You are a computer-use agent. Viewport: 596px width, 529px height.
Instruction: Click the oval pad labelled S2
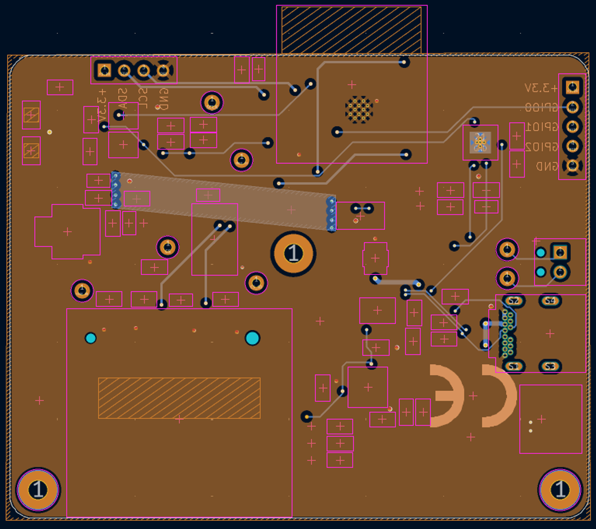pos(514,301)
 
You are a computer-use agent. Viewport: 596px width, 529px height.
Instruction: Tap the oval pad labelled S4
pos(550,301)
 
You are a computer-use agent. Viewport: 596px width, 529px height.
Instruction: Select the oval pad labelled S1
pos(514,366)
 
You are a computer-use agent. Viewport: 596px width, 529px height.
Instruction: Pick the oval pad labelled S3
pos(550,366)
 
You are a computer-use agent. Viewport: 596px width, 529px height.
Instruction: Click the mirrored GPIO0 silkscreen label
pos(542,107)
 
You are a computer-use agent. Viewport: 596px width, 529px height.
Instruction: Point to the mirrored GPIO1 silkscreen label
pos(542,127)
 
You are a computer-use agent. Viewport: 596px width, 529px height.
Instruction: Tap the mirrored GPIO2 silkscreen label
pos(542,147)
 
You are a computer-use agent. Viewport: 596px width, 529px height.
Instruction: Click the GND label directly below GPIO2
pos(546,166)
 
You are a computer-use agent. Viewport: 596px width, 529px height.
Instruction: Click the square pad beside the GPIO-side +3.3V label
pos(573,88)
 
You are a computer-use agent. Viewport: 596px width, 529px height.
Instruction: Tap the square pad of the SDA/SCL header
pos(104,70)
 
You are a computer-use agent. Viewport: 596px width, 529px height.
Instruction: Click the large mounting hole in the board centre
pos(293,254)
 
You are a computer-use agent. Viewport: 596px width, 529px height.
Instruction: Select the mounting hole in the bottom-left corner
pos(38,490)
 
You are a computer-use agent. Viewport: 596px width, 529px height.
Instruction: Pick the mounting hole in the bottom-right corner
pos(560,490)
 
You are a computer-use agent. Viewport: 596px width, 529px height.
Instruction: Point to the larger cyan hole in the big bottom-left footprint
pos(252,338)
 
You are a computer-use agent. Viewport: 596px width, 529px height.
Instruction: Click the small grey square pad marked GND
pos(480,143)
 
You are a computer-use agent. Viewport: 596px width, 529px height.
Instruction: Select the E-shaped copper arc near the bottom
pos(447,396)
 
